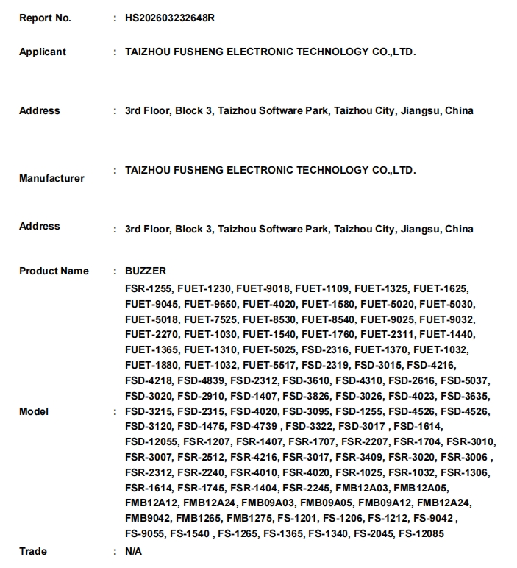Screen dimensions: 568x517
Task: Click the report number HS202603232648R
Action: [170, 18]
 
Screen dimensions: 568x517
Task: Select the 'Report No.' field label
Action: [45, 18]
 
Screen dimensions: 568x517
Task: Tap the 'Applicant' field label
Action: [43, 52]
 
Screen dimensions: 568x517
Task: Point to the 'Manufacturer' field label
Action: [51, 178]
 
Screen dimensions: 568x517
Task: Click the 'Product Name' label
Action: [54, 271]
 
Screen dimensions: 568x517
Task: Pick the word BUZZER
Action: [146, 271]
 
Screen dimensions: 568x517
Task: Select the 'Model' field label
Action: [34, 411]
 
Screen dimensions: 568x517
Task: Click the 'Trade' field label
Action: [33, 551]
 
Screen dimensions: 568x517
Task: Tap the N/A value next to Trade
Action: [133, 551]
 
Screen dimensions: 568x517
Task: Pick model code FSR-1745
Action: [202, 488]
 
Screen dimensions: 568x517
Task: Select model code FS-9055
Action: [145, 534]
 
